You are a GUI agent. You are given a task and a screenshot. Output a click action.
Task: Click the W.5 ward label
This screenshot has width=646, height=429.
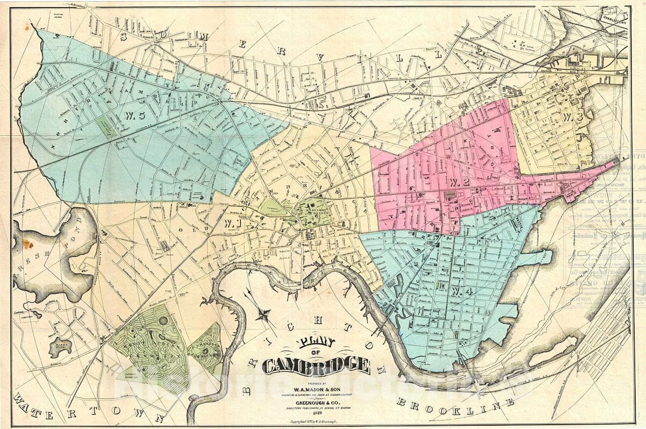[134, 115]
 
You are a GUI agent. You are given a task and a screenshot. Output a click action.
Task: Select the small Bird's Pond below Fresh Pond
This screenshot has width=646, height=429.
[60, 347]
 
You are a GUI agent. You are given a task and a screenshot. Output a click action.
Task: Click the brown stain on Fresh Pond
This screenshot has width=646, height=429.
[28, 244]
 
